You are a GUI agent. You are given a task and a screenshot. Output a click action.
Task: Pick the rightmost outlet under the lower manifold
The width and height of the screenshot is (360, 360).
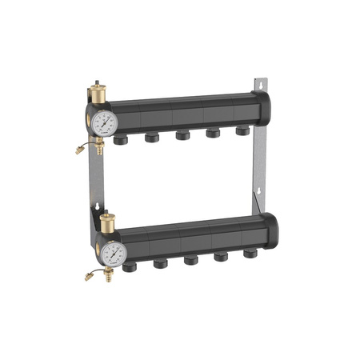(250, 253)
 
